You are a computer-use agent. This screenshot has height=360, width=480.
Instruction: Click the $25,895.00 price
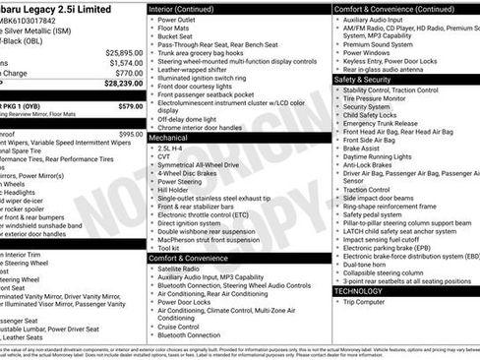tap(118, 50)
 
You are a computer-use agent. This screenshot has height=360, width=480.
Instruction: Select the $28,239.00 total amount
tap(118, 84)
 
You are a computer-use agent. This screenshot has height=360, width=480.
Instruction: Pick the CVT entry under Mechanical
tap(163, 156)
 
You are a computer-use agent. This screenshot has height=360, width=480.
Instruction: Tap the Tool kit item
tap(169, 248)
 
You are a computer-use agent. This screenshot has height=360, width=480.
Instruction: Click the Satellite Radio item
tap(184, 269)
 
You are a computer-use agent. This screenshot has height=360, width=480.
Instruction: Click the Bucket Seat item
tap(173, 37)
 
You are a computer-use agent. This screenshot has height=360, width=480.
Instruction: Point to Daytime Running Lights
tap(378, 156)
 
